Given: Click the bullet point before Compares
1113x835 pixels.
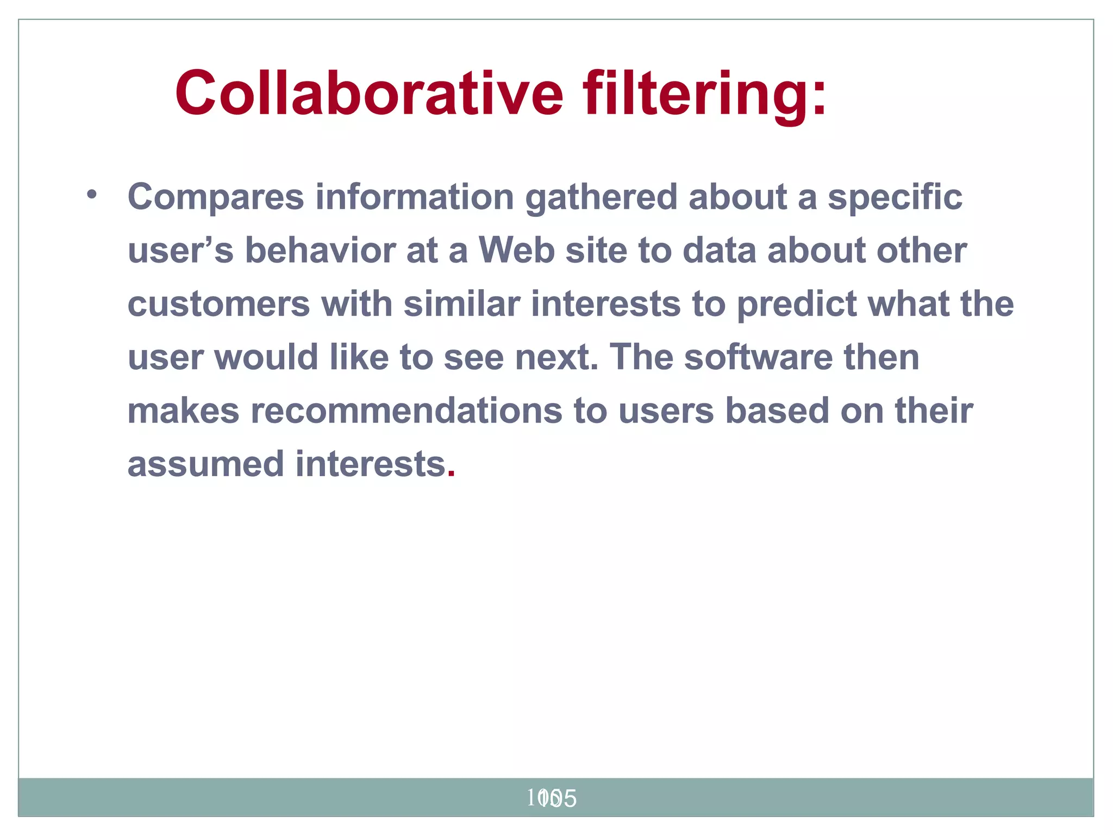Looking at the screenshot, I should click(91, 194).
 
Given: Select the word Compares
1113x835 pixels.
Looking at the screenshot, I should click(216, 197).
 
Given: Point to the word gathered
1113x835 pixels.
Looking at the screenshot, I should click(601, 197).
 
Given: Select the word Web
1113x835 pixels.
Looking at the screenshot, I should click(516, 251).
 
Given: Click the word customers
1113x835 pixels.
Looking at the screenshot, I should click(218, 304).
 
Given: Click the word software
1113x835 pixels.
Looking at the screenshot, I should click(758, 357).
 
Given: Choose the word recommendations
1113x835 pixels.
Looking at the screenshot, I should click(406, 411).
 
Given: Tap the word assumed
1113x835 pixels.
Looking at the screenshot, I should click(205, 464).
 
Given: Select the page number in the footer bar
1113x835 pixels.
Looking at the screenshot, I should click(551, 799).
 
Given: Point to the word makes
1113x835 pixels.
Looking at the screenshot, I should click(183, 411).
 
